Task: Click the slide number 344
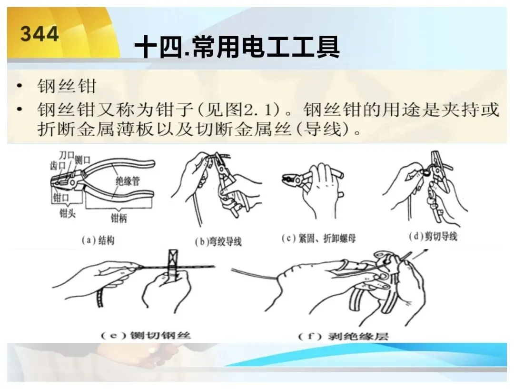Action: pyautogui.click(x=40, y=34)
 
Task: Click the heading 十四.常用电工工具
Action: pyautogui.click(x=237, y=47)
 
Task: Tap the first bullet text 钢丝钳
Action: pyautogui.click(x=67, y=86)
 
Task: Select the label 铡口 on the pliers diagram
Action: pyautogui.click(x=82, y=160)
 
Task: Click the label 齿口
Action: pyautogui.click(x=58, y=165)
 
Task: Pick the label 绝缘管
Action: pyautogui.click(x=128, y=181)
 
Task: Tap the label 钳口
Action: pyautogui.click(x=61, y=198)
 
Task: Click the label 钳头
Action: pyautogui.click(x=67, y=213)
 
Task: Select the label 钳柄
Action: pyautogui.click(x=119, y=219)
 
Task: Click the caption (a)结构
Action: pyautogui.click(x=98, y=240)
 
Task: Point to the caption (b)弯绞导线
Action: pyautogui.click(x=218, y=242)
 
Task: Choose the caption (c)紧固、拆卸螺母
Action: pyautogui.click(x=318, y=239)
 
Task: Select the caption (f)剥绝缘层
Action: pyautogui.click(x=343, y=336)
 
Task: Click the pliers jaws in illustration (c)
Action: pyautogui.click(x=289, y=179)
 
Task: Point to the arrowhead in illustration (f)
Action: pyautogui.click(x=425, y=251)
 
